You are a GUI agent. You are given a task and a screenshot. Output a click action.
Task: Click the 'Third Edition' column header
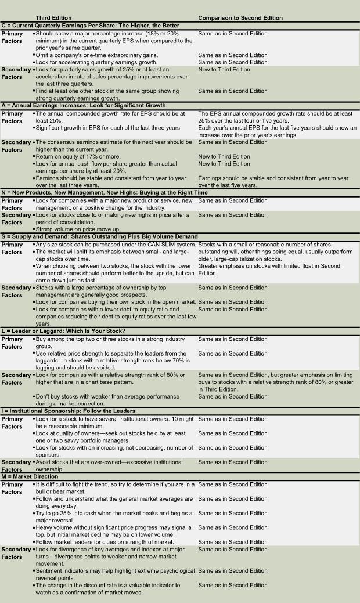point(55,18)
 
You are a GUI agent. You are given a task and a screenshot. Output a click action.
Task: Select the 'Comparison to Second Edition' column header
point(240,18)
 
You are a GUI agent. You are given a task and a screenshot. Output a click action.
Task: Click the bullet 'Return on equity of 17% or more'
point(78,156)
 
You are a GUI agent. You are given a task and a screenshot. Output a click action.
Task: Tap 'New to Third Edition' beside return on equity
point(224,156)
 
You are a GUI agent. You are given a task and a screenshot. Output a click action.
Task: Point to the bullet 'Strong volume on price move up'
point(78,229)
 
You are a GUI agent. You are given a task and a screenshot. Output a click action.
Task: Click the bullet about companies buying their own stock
point(115,302)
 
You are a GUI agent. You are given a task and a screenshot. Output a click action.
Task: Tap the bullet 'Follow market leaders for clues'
point(105,542)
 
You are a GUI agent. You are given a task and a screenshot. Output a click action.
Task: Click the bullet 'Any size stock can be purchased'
point(114,245)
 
